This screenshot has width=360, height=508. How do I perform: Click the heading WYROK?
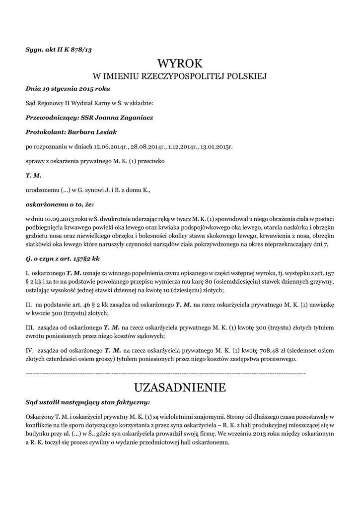point(180,63)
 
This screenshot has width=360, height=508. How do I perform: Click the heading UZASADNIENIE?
point(180,387)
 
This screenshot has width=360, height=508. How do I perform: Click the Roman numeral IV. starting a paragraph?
point(29,350)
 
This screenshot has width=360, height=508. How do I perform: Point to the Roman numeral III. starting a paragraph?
point(30,328)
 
